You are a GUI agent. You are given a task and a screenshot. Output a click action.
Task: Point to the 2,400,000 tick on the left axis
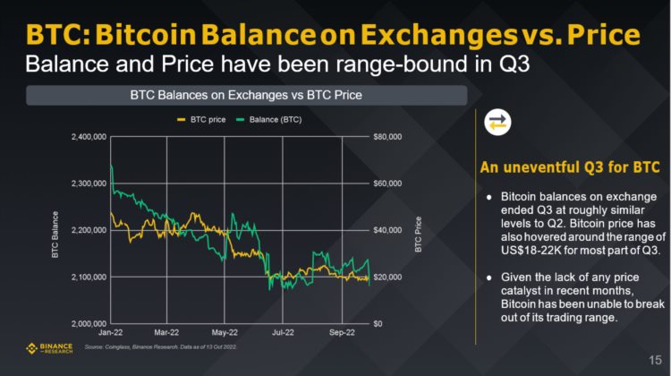coord(88,137)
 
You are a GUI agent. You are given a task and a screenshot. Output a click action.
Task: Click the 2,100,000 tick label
coord(88,277)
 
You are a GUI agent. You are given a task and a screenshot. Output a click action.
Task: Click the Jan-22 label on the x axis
coord(110,332)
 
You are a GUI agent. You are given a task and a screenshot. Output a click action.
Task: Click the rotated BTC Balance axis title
coord(55,231)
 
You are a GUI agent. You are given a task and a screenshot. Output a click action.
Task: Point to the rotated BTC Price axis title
coord(417,231)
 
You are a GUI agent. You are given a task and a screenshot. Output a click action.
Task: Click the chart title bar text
coord(246,95)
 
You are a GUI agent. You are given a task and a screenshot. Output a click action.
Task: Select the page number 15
coord(655,360)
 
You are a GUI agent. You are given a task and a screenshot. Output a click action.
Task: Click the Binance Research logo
coord(53,347)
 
